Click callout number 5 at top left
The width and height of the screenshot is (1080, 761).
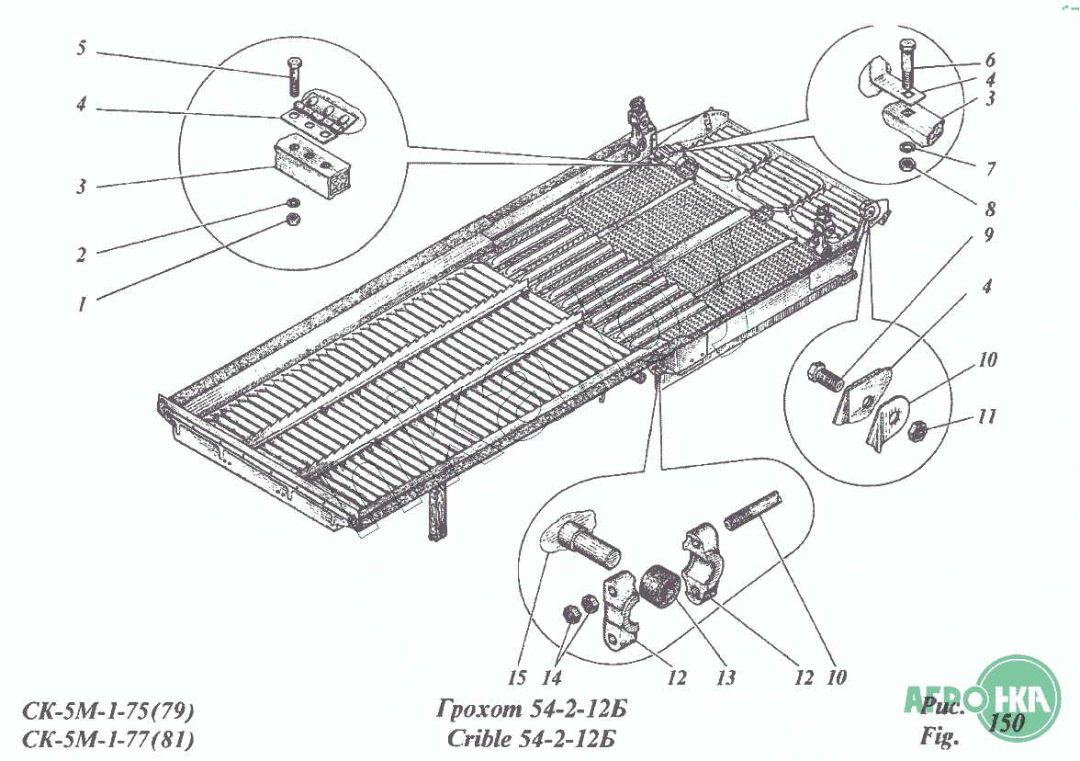81,48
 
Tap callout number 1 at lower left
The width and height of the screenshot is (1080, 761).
83,304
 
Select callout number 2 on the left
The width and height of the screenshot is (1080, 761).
81,256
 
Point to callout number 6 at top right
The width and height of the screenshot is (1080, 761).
990,60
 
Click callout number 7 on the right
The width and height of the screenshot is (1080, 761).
991,169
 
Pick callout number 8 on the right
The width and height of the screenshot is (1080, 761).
990,208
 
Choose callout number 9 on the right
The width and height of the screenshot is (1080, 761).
989,235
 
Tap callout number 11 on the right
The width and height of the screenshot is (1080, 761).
987,416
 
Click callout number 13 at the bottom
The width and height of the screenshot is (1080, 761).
726,678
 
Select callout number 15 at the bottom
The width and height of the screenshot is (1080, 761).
517,678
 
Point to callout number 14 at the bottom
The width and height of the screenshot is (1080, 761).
552,678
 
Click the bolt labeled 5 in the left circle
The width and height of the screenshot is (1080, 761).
294,75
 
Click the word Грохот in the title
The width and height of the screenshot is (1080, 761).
479,708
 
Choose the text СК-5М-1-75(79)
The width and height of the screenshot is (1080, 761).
108,710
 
